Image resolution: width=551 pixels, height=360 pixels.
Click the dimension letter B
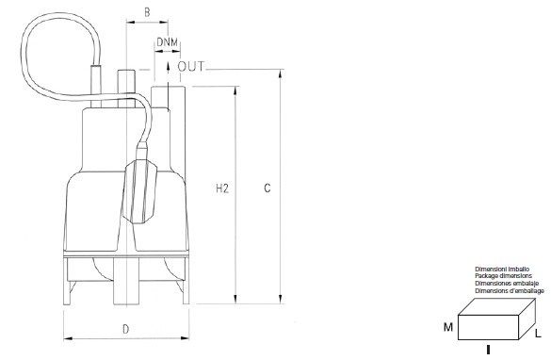point(147,12)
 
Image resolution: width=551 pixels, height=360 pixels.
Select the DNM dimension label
point(168,42)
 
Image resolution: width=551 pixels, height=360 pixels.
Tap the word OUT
point(191,67)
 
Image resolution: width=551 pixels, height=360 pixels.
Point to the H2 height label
point(222,188)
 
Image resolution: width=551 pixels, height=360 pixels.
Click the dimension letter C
point(267,188)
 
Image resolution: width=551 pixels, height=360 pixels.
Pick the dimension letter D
point(126,330)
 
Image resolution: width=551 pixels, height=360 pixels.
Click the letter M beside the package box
point(448,327)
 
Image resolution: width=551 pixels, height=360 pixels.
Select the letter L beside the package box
point(538,334)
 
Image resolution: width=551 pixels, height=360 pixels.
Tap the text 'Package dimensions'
point(503,276)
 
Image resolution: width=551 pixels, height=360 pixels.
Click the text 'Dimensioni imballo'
point(502,270)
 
